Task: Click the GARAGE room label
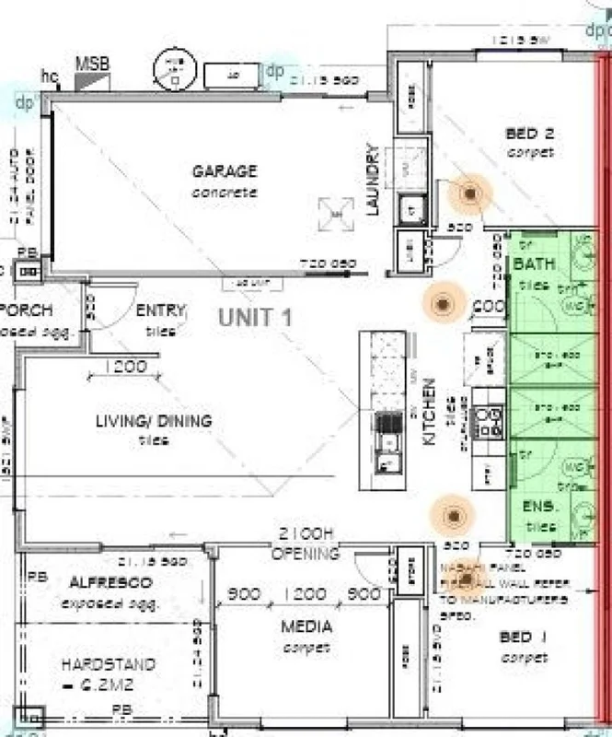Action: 225,171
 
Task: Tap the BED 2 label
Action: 529,135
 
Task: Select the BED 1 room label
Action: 524,638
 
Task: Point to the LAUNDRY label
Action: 373,180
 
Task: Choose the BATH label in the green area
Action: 535,265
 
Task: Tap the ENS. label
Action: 537,507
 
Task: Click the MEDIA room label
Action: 306,628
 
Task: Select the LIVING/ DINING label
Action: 154,421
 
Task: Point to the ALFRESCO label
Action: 110,584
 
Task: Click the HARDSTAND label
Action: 108,664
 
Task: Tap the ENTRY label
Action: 160,310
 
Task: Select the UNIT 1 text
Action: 255,318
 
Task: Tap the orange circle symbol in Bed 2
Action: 471,193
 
